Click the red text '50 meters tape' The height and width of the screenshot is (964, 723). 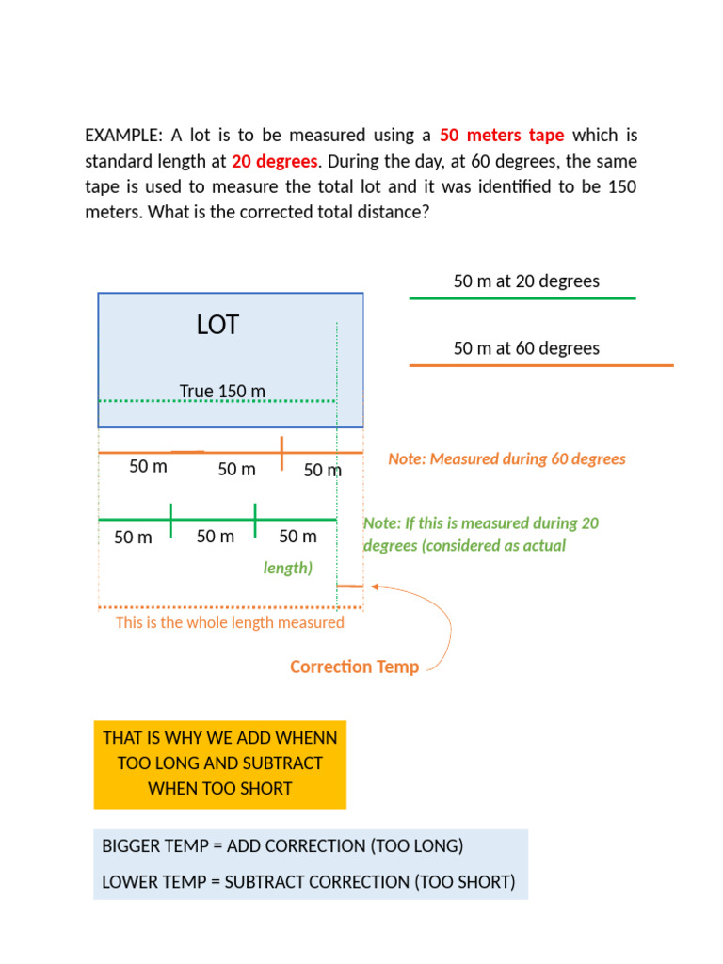point(502,136)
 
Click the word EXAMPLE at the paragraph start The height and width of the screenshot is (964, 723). point(122,136)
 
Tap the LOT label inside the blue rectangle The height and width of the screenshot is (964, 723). point(217,326)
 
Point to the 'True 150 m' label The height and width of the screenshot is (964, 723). point(222,391)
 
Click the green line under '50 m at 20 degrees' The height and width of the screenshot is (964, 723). point(522,298)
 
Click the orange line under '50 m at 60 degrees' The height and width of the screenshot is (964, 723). point(540,365)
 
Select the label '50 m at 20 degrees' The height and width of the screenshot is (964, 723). point(526,281)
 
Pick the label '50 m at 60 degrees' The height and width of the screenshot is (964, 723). point(526,348)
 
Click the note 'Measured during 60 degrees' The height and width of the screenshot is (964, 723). point(506,459)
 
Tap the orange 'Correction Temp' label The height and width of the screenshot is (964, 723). point(354,667)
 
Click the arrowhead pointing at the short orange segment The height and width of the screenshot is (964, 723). point(375,586)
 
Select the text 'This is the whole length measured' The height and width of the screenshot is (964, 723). point(230,622)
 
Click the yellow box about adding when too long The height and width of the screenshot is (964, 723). point(220,764)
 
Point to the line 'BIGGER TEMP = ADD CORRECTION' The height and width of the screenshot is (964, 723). point(282,845)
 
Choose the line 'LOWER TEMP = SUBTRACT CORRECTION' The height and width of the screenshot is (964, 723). point(309,882)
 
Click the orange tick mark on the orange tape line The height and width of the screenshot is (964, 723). point(281,453)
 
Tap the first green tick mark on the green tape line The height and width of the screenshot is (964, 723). point(170,519)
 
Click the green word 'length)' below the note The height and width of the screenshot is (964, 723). point(287,568)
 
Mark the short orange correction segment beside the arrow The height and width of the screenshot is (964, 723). point(350,586)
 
